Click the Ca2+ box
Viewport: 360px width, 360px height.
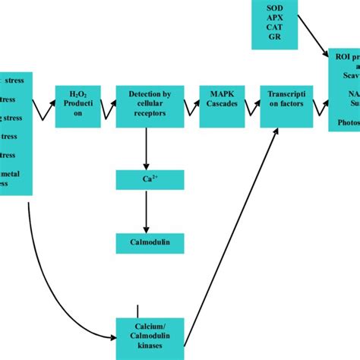point(149,180)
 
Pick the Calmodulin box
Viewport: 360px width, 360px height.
point(149,243)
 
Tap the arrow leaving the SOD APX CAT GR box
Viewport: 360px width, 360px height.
point(311,36)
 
